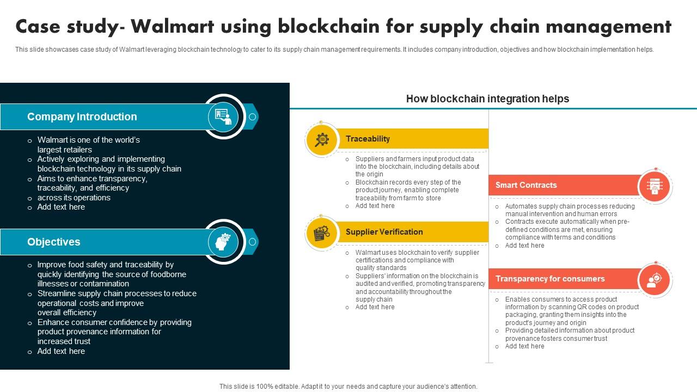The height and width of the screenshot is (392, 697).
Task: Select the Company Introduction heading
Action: [x=82, y=117]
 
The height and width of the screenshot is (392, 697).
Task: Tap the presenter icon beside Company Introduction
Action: [x=223, y=117]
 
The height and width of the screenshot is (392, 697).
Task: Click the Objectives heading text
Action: [x=54, y=242]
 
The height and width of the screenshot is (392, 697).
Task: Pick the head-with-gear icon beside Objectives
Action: [x=223, y=242]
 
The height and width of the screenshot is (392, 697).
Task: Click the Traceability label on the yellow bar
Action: [x=368, y=139]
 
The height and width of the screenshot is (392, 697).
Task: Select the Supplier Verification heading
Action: [x=384, y=232]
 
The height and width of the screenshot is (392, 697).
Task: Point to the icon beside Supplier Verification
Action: [x=322, y=233]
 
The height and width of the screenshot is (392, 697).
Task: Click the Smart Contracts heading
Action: [x=526, y=185]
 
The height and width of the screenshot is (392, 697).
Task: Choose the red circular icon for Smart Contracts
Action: [x=655, y=186]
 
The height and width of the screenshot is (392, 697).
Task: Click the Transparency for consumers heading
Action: [x=550, y=279]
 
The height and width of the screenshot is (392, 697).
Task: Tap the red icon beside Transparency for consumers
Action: [x=655, y=280]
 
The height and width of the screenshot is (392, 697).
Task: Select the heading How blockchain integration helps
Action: [x=487, y=99]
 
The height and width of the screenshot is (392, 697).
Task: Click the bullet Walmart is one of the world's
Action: [x=89, y=140]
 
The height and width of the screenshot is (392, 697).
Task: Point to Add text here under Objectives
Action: [x=61, y=351]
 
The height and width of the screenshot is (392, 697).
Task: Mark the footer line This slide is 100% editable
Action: [x=348, y=387]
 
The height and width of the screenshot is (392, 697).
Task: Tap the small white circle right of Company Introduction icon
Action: [x=252, y=117]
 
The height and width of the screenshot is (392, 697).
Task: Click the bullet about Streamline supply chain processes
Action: [x=117, y=293]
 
